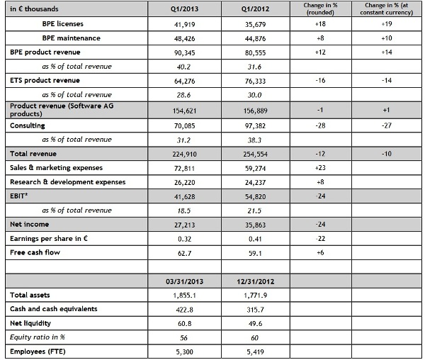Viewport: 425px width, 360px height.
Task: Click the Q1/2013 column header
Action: (x=184, y=9)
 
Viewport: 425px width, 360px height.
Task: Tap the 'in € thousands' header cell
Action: (x=35, y=9)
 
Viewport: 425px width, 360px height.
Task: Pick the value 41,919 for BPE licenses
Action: (x=184, y=23)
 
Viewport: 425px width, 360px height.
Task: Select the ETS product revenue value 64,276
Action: (x=184, y=81)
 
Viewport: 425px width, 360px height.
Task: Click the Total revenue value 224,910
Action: (x=184, y=154)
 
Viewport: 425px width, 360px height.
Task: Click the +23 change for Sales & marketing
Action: (x=321, y=168)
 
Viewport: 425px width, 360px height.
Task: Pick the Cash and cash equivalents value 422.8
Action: (x=184, y=309)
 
